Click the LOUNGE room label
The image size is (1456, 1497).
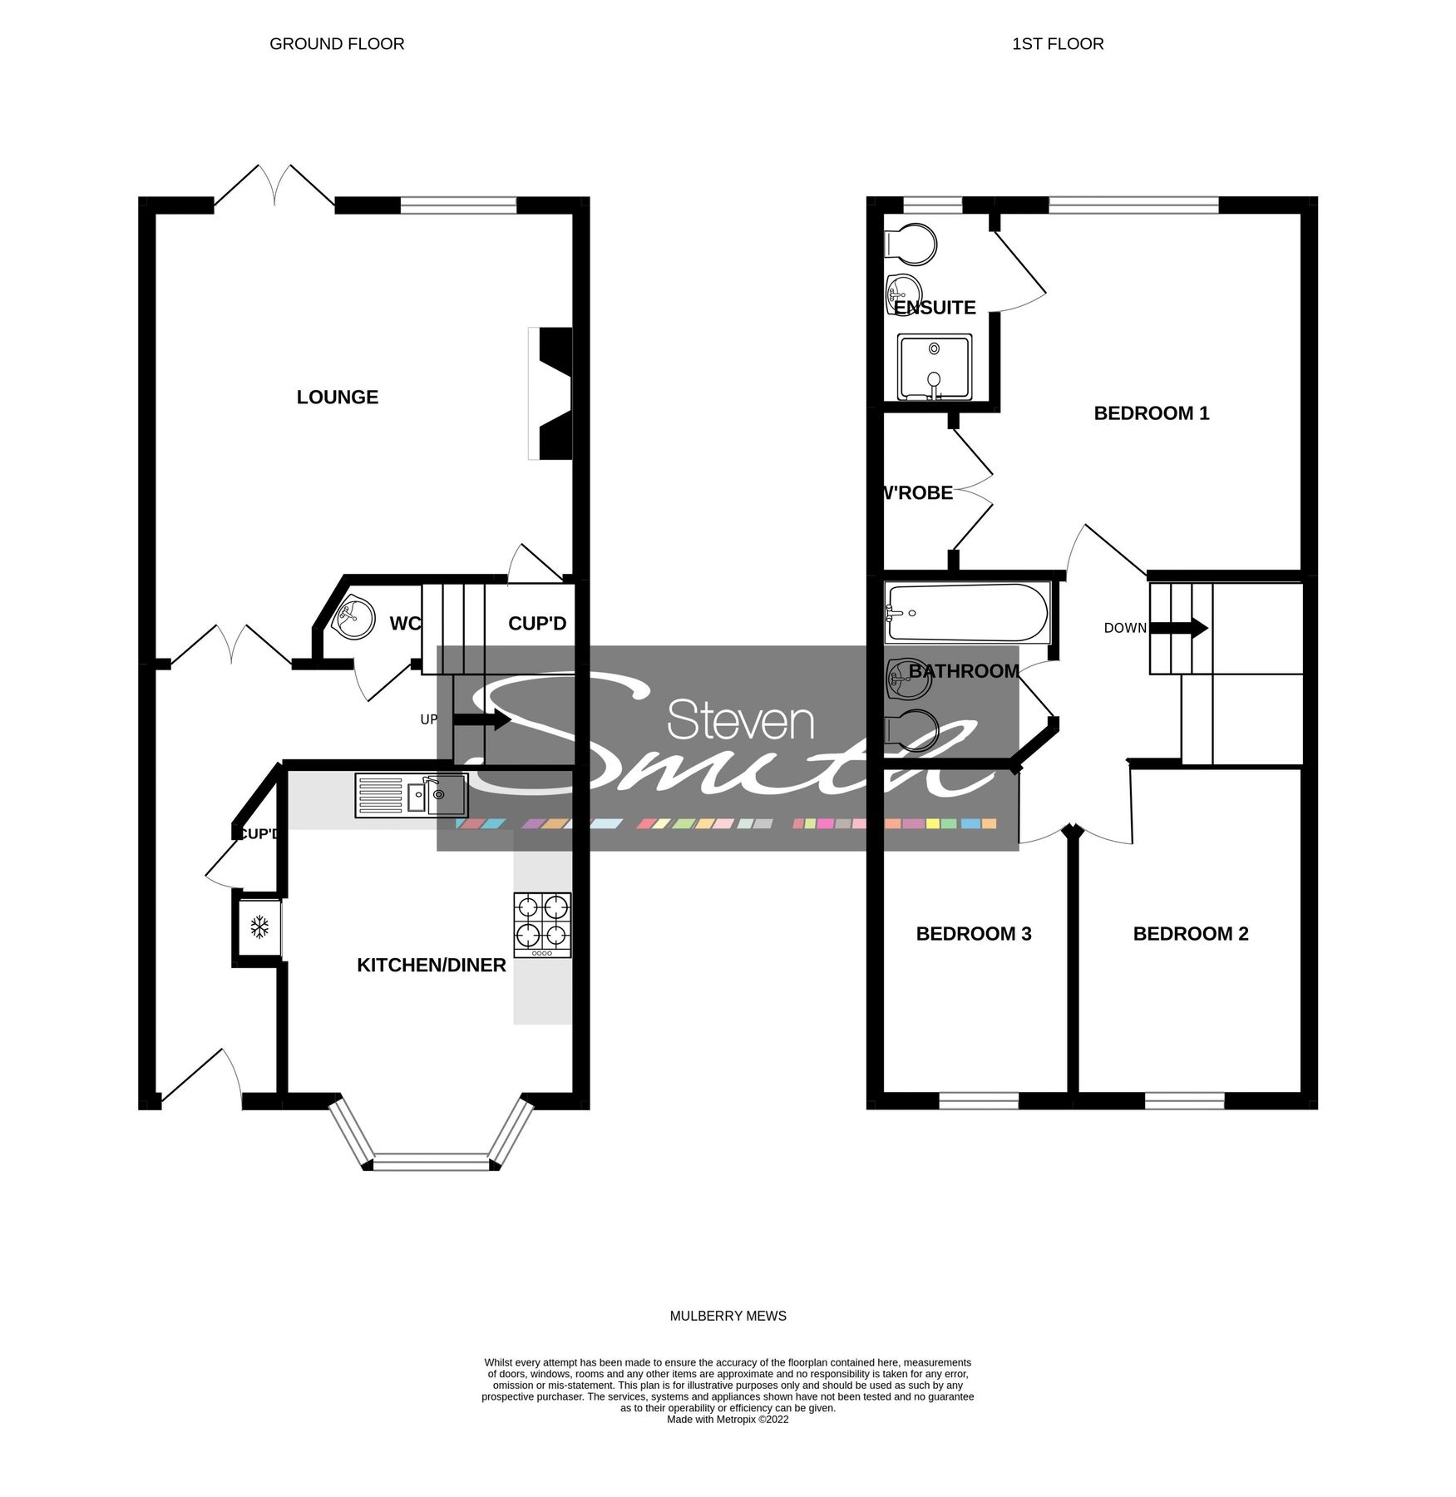(337, 398)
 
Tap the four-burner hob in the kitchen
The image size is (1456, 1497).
(542, 924)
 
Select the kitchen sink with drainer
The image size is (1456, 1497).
(412, 795)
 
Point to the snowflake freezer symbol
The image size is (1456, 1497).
(259, 926)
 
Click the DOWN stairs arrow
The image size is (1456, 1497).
(1179, 628)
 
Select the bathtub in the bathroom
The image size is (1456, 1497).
(966, 614)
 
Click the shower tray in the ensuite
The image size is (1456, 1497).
(934, 367)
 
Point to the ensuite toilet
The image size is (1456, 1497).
(911, 243)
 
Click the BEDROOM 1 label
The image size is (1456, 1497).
(1151, 413)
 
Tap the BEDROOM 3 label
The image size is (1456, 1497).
(973, 934)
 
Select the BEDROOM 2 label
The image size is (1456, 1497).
(1190, 934)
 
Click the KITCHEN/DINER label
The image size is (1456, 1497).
(431, 966)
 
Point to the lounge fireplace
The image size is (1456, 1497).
(553, 393)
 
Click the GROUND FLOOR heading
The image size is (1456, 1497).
(337, 44)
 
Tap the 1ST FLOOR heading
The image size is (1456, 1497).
(1057, 44)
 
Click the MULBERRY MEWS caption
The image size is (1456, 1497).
(728, 1316)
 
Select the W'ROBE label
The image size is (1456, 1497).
(918, 493)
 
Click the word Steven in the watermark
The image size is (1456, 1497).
(740, 720)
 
